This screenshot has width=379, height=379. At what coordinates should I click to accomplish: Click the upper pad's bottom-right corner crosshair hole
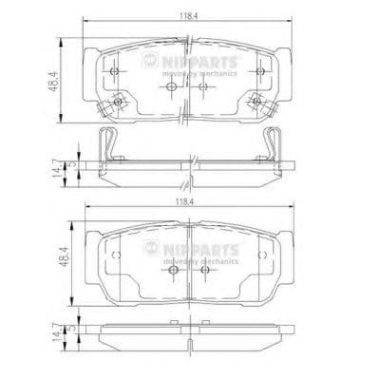256,97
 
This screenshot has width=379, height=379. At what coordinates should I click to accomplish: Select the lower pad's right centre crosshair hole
203,270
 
